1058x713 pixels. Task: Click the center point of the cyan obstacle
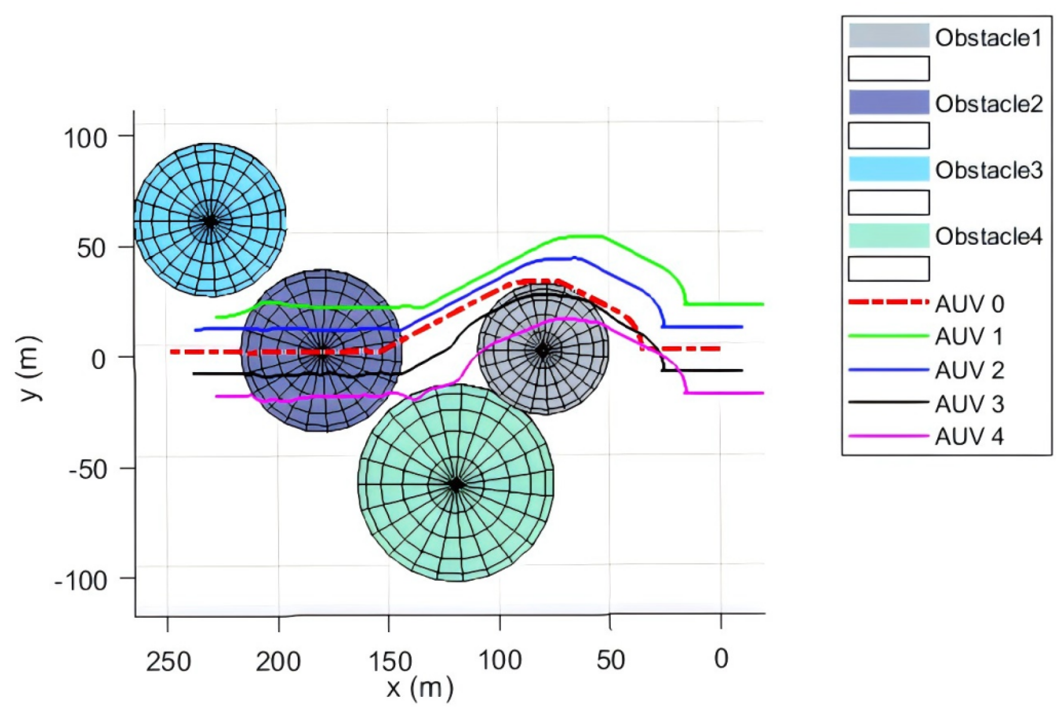[210, 222]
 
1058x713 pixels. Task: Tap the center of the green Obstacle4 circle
[456, 484]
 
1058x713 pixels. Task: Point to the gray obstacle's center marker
[543, 351]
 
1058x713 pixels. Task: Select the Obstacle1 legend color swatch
[889, 36]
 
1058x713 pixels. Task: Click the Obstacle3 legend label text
[989, 170]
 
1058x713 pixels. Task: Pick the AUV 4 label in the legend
[969, 437]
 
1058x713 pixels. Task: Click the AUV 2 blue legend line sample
[889, 370]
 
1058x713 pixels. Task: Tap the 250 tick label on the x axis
[169, 662]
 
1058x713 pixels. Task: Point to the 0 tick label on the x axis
[721, 659]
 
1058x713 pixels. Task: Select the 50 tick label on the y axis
[92, 248]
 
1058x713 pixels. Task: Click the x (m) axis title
[420, 688]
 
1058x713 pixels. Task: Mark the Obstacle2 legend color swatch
[889, 102]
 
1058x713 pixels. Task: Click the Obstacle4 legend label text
[989, 237]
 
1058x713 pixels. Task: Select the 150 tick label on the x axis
[390, 662]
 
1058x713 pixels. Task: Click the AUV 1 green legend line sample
[889, 336]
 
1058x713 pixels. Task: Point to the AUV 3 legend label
[969, 404]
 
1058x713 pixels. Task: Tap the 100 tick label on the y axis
[85, 138]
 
